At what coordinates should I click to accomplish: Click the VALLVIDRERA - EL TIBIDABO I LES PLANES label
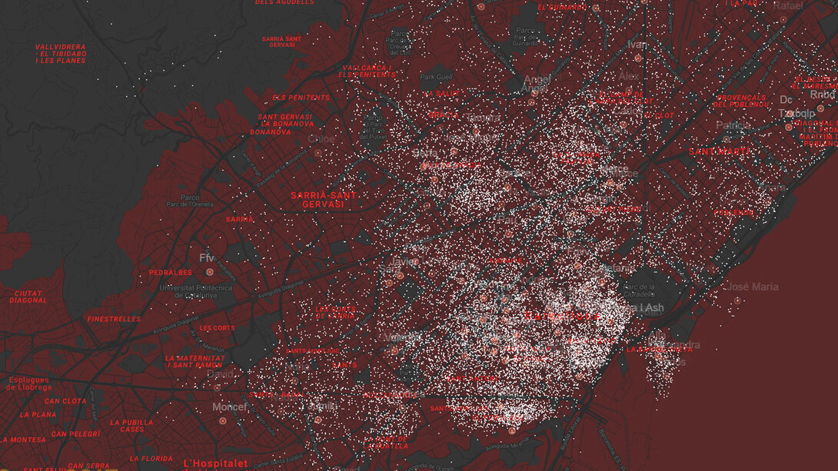click(61, 53)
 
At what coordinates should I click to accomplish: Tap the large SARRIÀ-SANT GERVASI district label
click(324, 200)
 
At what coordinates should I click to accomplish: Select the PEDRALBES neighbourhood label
click(170, 273)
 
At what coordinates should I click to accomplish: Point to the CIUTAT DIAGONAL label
click(28, 297)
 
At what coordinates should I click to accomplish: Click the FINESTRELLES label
click(114, 319)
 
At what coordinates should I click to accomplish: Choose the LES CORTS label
click(217, 328)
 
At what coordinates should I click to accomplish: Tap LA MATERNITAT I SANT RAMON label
click(195, 361)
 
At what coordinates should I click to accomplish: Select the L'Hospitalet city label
click(216, 463)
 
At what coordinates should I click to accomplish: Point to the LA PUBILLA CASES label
click(132, 426)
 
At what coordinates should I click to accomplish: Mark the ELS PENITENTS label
click(301, 98)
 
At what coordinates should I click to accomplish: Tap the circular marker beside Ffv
click(209, 272)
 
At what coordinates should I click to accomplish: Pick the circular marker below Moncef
click(223, 421)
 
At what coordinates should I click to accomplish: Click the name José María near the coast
click(753, 287)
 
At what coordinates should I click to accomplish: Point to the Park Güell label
click(437, 77)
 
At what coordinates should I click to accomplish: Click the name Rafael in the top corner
click(787, 5)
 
